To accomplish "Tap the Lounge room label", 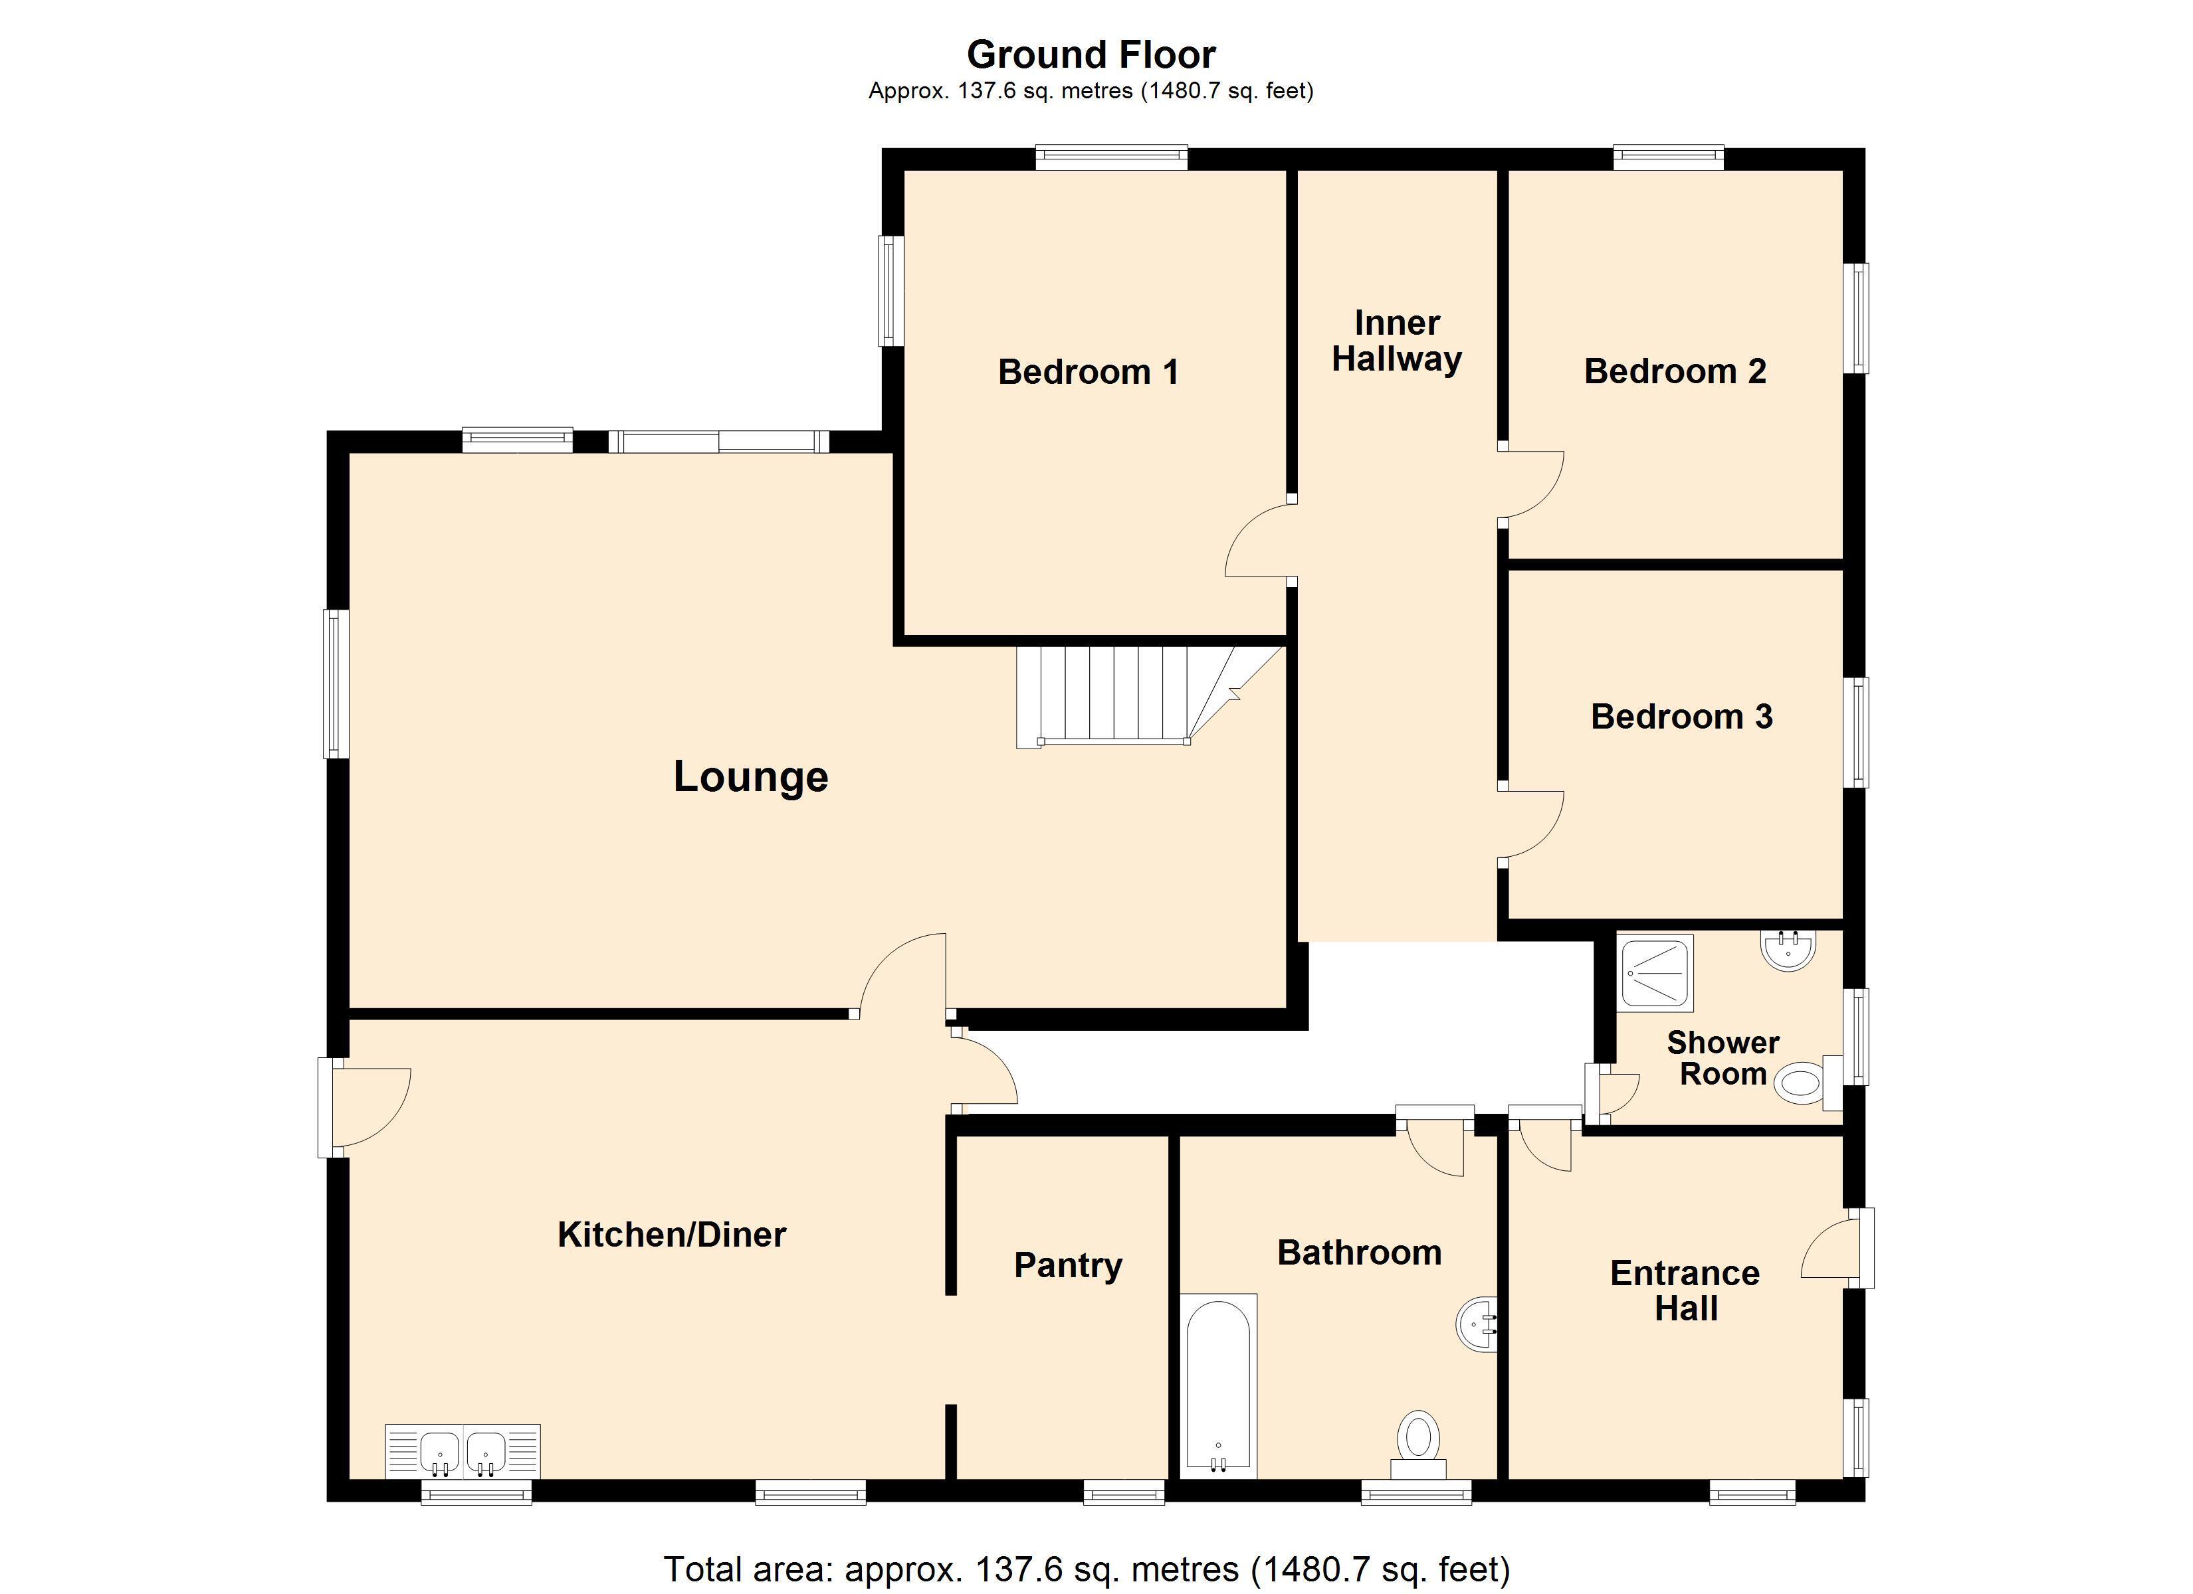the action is point(750,777).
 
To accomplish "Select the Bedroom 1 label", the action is point(1088,372).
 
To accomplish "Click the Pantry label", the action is point(1067,1265).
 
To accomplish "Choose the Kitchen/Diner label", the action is point(672,1235).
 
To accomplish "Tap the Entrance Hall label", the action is point(1685,1290).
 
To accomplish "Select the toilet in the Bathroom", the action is point(1419,1444).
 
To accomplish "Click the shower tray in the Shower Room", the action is point(1655,972).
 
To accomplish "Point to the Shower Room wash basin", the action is point(1789,950).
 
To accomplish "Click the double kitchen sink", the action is point(463,1451).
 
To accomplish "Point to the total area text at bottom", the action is point(1087,1568).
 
